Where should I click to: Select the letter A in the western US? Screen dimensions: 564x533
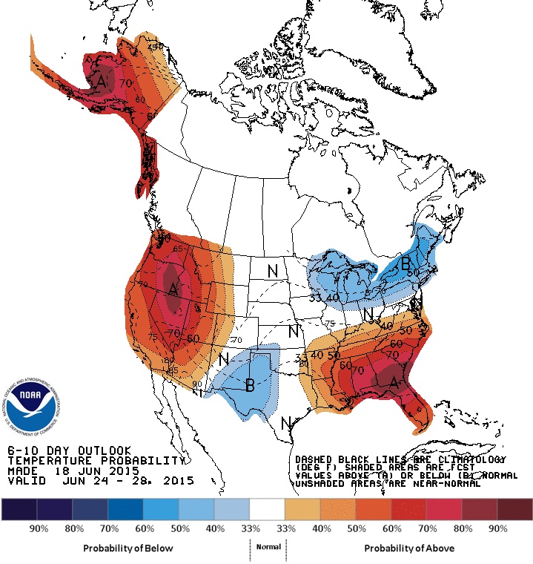tap(173, 288)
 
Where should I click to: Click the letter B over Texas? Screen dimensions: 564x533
tap(251, 384)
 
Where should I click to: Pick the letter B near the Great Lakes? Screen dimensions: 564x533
tap(405, 263)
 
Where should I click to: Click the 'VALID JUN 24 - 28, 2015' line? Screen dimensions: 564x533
tap(100, 481)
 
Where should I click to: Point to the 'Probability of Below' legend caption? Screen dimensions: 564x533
tap(128, 548)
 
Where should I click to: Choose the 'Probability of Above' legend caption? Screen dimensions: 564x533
tap(405, 548)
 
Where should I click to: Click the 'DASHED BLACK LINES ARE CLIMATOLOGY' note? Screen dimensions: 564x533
tap(400, 460)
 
